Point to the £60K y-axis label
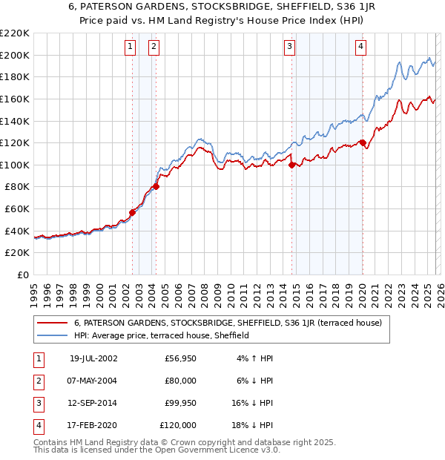[x=17, y=209]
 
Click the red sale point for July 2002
[x=133, y=212]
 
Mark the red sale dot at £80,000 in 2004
[x=156, y=186]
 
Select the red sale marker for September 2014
[x=291, y=165]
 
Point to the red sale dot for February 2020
[x=362, y=142]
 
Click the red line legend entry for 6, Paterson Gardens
[x=228, y=323]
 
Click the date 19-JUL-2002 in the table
[x=93, y=358]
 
